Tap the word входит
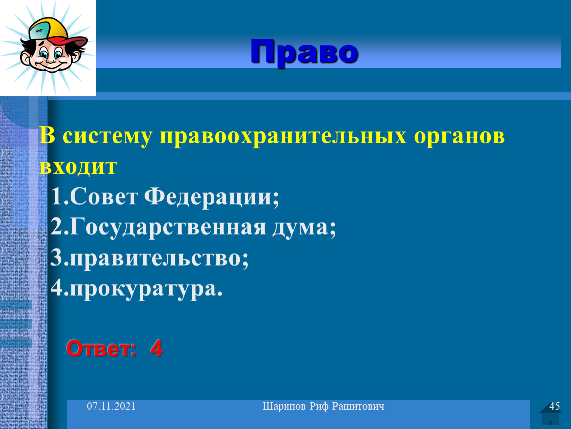click(78, 167)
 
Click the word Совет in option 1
click(103, 197)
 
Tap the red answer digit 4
click(156, 348)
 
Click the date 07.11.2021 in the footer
click(111, 406)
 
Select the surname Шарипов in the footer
click(284, 407)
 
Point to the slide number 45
click(554, 406)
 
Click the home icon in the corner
click(551, 414)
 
